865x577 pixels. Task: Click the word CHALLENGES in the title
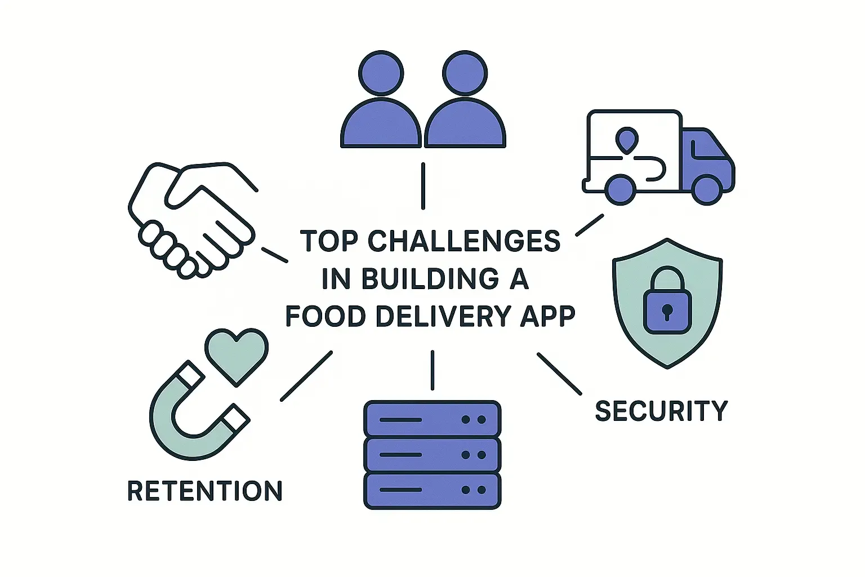[x=463, y=241]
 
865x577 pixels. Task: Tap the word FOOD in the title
[x=326, y=316]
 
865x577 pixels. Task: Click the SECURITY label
[x=661, y=411]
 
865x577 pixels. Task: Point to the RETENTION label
[x=205, y=491]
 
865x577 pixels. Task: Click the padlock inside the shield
[x=667, y=300]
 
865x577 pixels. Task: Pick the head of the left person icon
[x=381, y=73]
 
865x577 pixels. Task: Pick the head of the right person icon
[x=465, y=73]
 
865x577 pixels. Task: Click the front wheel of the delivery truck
[x=707, y=190]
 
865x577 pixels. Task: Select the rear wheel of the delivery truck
[x=621, y=190]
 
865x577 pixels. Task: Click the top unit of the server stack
[x=432, y=419]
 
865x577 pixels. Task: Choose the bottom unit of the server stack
[x=432, y=490]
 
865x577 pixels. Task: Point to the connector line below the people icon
[x=423, y=186]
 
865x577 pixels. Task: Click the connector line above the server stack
[x=432, y=370]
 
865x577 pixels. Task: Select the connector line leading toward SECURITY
[x=560, y=374]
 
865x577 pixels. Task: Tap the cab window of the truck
[x=708, y=144]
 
